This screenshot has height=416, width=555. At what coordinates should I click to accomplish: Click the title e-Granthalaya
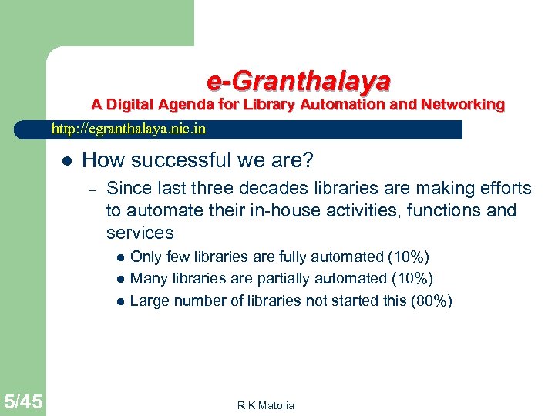(298, 80)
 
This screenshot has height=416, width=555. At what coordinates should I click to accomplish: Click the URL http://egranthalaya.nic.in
(129, 129)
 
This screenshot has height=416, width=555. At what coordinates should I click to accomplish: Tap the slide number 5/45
(22, 401)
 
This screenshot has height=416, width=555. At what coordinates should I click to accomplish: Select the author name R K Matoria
(266, 405)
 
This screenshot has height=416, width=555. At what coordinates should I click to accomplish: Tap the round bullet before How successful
(67, 161)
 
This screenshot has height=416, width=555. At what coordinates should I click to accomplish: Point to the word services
(140, 233)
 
